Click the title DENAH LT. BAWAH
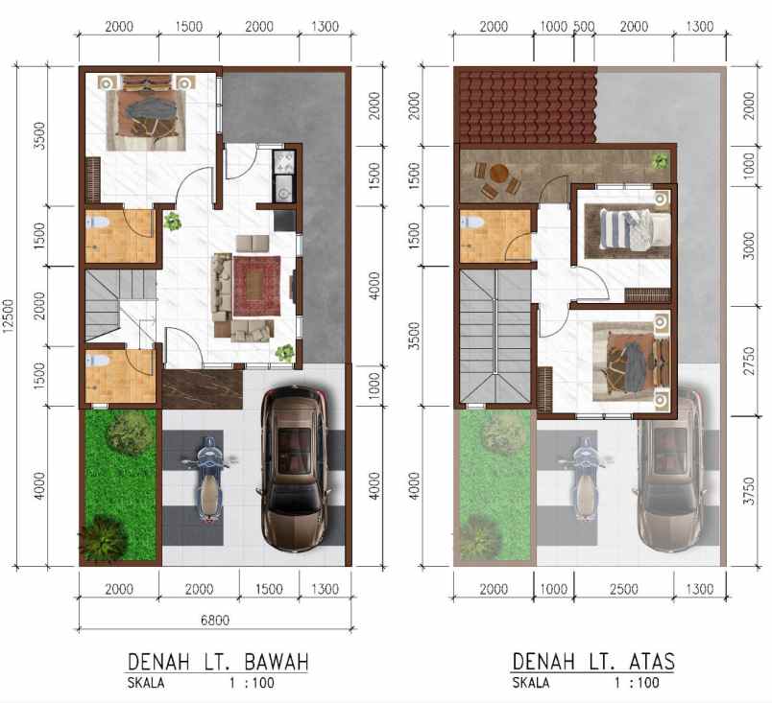218,662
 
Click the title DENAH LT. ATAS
592,662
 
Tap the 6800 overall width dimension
214,621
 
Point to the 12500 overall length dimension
11,316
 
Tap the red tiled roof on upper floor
525,105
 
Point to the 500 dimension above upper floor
582,27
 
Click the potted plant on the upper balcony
661,161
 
